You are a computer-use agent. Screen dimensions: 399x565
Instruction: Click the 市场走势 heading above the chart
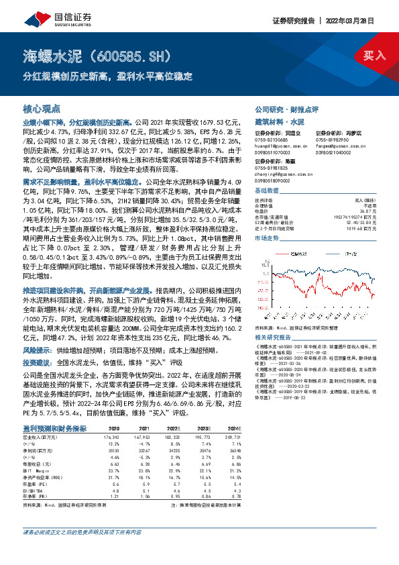267,239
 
